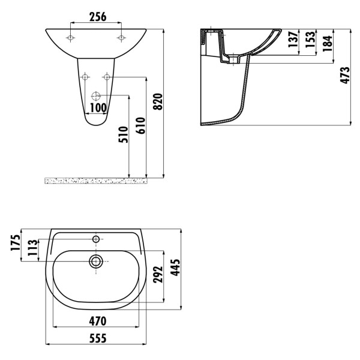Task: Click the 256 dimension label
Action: pyautogui.click(x=97, y=17)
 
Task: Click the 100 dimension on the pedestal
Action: pyautogui.click(x=97, y=108)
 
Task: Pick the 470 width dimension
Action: pyautogui.click(x=98, y=320)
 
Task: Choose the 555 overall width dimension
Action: pyautogui.click(x=98, y=338)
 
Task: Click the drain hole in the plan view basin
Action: pyautogui.click(x=96, y=261)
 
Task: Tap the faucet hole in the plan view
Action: pyautogui.click(x=96, y=239)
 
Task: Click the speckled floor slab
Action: pyautogui.click(x=96, y=181)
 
